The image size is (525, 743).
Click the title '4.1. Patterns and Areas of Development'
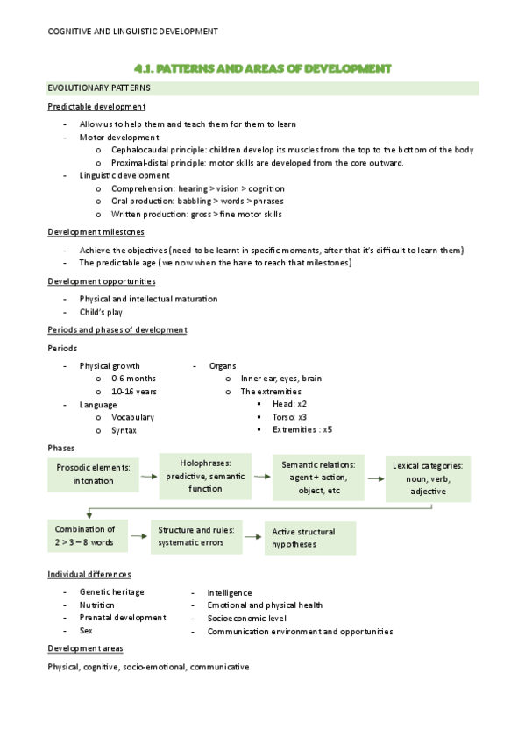(x=262, y=68)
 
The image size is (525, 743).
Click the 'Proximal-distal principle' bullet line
(x=257, y=163)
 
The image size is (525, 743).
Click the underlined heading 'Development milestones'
(x=96, y=232)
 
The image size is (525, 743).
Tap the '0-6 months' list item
(x=133, y=379)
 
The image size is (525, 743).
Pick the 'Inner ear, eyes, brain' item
(x=280, y=379)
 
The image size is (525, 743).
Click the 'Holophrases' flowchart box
(x=205, y=476)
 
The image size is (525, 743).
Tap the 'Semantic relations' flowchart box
(x=318, y=478)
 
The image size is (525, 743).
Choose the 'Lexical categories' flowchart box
(x=428, y=478)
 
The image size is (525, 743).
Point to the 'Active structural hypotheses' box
(x=310, y=538)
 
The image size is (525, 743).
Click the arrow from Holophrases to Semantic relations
(x=261, y=477)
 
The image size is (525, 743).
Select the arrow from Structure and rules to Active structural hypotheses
(x=252, y=536)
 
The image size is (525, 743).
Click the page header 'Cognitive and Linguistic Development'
(x=132, y=32)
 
